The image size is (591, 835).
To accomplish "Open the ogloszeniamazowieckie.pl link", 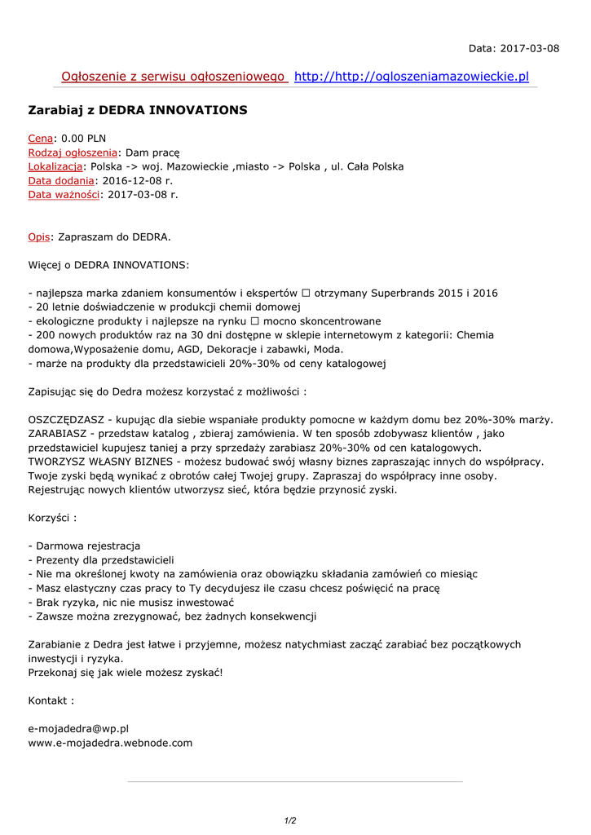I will [x=411, y=77].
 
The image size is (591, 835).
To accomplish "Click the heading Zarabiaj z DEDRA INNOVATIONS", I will [x=138, y=109].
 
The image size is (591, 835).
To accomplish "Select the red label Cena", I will [x=41, y=139].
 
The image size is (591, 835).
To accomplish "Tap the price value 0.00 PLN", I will [x=83, y=139].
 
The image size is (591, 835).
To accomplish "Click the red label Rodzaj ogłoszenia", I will [x=73, y=152].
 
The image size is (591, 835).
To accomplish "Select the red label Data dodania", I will [x=61, y=180].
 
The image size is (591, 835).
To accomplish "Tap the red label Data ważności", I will [x=64, y=194].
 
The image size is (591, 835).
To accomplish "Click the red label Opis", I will [x=38, y=237].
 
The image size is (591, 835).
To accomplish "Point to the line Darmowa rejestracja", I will [x=84, y=546].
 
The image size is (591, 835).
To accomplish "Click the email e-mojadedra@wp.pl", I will [x=78, y=728].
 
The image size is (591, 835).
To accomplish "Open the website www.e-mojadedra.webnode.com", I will [x=110, y=742].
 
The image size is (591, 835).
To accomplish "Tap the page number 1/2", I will [x=290, y=820].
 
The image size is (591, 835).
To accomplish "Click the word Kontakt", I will [x=51, y=700].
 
